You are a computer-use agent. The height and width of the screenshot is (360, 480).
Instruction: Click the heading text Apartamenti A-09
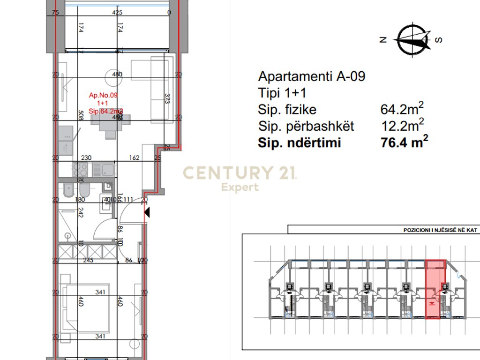311,76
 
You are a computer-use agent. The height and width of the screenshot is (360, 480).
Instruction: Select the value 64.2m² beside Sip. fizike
402,109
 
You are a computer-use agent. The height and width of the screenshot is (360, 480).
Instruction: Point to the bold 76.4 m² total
405,142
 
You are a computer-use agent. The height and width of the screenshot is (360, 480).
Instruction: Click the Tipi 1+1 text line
283,92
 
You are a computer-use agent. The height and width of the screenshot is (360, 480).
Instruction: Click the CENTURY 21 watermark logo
240,173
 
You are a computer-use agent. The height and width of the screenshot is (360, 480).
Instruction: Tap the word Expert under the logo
240,187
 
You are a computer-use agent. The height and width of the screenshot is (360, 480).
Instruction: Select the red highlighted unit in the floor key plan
435,290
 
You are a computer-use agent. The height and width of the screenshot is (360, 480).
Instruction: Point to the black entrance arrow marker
147,213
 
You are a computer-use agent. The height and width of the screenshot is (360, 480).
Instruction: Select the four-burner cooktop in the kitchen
79,169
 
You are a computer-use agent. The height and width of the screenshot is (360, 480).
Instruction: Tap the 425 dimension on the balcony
117,13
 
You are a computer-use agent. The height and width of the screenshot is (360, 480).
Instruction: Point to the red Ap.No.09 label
103,95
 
